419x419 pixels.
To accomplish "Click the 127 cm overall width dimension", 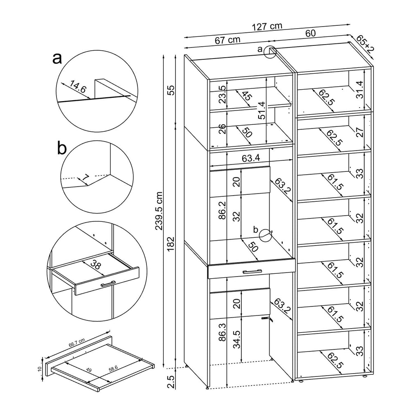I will [267, 27].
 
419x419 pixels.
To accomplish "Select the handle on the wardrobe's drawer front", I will [252, 271].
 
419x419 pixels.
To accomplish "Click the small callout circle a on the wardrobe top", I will [270, 52].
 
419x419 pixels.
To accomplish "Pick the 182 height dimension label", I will [171, 244].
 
